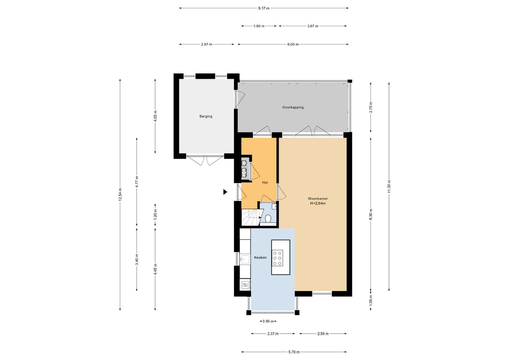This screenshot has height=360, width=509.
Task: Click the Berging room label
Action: pyautogui.click(x=206, y=116)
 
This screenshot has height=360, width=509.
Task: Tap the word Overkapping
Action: pyautogui.click(x=293, y=107)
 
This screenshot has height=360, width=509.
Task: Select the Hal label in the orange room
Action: pyautogui.click(x=265, y=182)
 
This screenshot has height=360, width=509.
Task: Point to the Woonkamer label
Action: pyautogui.click(x=318, y=198)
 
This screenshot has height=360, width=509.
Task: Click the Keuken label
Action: pyautogui.click(x=260, y=258)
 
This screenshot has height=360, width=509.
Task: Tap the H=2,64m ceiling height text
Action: pyautogui.click(x=318, y=203)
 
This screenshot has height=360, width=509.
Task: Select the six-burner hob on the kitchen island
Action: pyautogui.click(x=277, y=258)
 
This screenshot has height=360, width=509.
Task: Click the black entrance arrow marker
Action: pyautogui.click(x=225, y=192)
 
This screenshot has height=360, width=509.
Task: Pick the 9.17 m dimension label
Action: pyautogui.click(x=264, y=8)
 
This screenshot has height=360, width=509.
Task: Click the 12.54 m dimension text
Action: pyautogui.click(x=120, y=194)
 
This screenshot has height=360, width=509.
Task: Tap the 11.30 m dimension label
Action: pyautogui.click(x=389, y=186)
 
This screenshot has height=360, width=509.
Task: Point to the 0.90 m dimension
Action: pyautogui.click(x=268, y=321)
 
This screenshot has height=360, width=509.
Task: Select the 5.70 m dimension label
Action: pyautogui.click(x=294, y=352)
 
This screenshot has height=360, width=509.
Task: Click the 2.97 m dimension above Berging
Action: pyautogui.click(x=206, y=44)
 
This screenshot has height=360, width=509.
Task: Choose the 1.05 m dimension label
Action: pyautogui.click(x=371, y=300)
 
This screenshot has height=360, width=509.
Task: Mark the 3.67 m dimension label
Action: pyautogui.click(x=313, y=26)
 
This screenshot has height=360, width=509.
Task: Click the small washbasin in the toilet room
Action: pyautogui.click(x=274, y=206)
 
